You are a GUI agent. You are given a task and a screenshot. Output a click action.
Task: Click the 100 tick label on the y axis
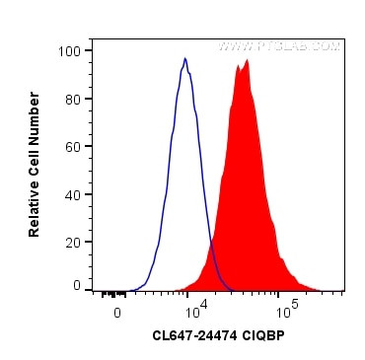tap(71, 50)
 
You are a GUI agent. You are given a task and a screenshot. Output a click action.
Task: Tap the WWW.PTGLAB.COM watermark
tap(279, 46)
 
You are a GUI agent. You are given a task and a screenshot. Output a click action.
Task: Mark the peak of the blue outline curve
tap(185, 59)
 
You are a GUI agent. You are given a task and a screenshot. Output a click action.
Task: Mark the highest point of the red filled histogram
tap(247, 60)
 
